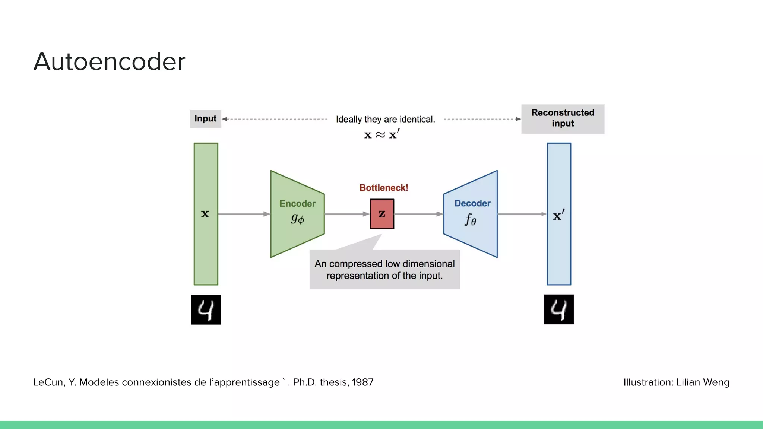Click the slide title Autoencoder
109,62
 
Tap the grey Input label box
205,119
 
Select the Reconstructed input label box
563,119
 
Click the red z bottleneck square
382,214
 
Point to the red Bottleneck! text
384,188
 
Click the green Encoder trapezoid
297,214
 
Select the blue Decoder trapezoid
471,214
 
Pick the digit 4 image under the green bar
206,310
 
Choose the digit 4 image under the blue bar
558,309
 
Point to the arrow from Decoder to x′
522,214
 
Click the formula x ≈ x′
381,134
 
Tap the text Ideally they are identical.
385,120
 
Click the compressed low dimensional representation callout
384,270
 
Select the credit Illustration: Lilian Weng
676,382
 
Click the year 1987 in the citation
362,382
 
